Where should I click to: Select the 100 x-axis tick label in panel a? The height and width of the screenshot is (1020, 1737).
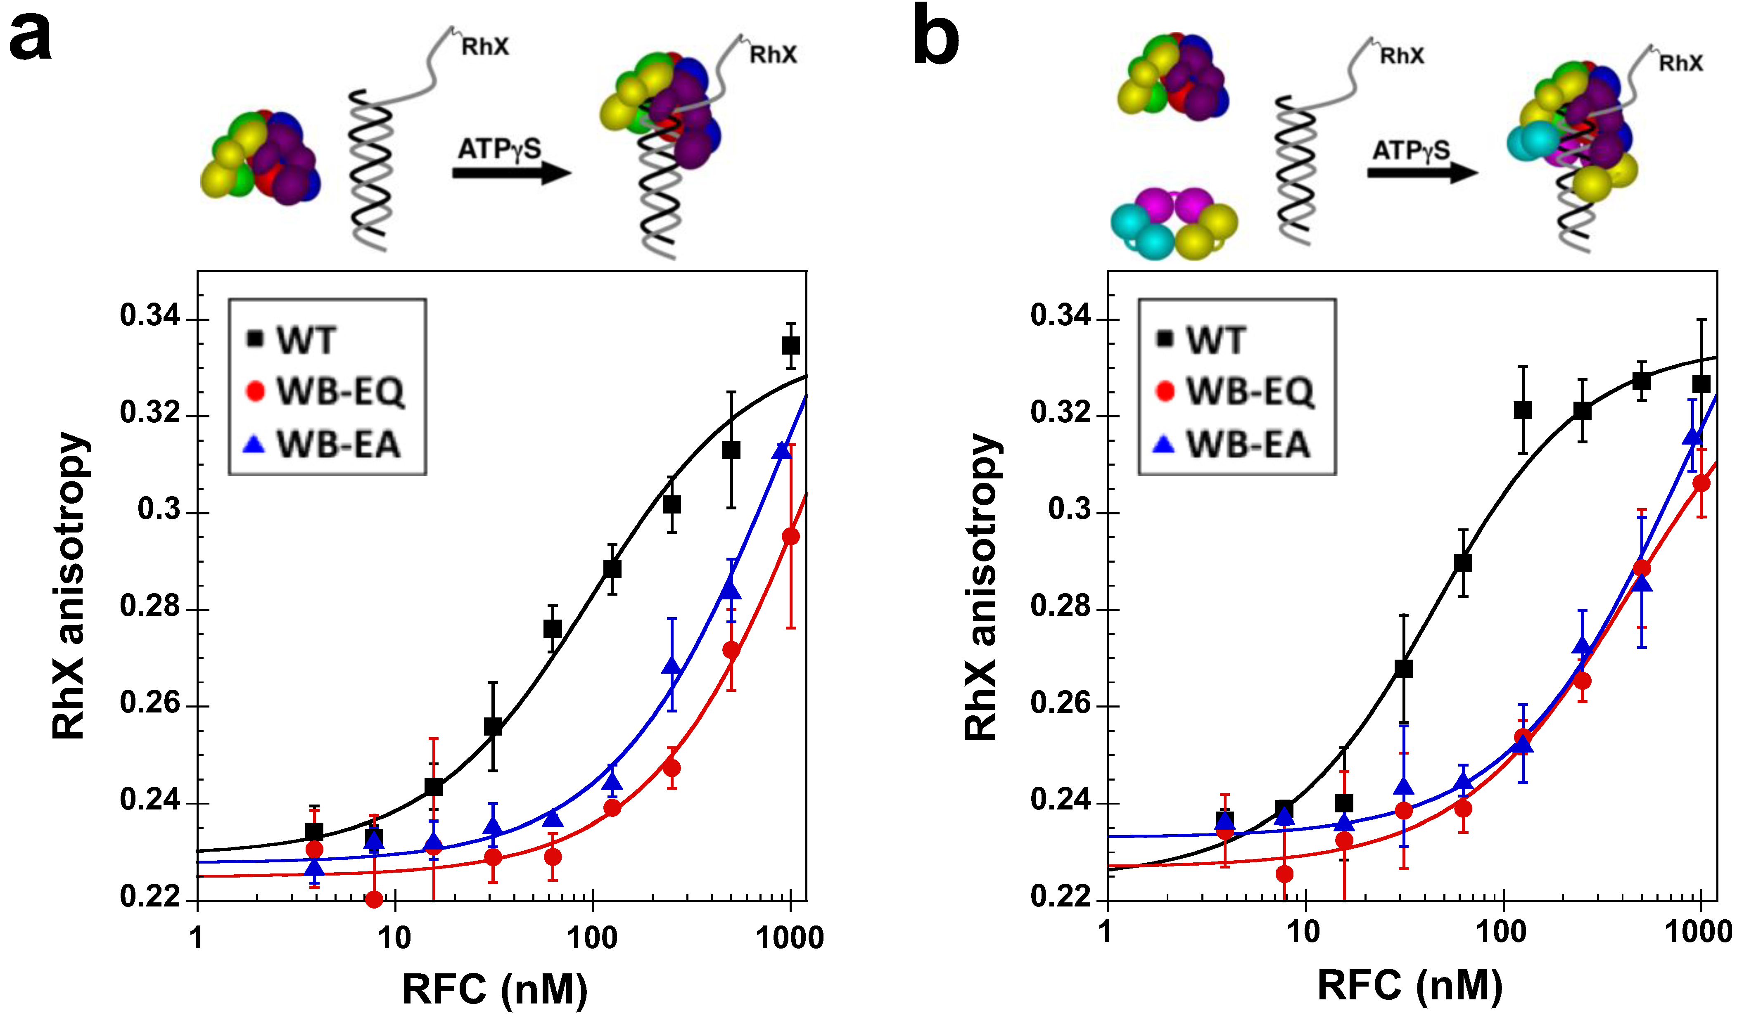[591, 938]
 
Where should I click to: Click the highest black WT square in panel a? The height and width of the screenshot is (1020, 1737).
[790, 345]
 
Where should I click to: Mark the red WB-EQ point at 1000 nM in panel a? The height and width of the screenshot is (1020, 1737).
[790, 536]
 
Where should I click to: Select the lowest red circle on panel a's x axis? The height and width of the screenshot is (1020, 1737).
[374, 899]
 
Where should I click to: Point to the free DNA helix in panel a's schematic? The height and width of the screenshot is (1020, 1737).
[372, 169]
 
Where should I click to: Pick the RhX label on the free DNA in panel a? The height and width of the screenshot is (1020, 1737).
[484, 47]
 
